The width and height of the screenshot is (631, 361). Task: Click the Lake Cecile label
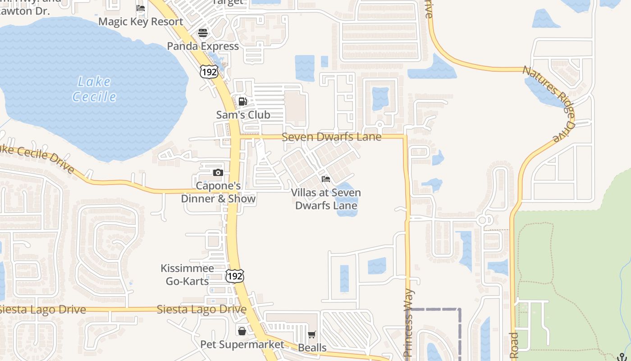(94, 89)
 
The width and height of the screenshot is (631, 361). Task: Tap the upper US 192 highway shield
(210, 71)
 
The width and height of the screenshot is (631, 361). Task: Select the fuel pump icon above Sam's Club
(242, 102)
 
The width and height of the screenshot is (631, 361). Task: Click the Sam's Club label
(243, 115)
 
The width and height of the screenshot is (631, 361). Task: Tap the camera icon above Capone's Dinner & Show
(218, 172)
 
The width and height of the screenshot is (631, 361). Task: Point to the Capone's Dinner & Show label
(219, 192)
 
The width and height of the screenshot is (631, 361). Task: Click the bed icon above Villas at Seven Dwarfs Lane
(326, 179)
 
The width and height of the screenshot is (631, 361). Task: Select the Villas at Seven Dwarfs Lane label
(326, 199)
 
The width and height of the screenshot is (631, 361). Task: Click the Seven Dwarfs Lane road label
(332, 136)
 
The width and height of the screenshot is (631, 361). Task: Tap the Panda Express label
(203, 46)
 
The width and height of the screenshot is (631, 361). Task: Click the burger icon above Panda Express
(203, 32)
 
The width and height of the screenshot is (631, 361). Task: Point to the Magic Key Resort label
(141, 22)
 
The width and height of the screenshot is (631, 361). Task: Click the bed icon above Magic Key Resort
(141, 8)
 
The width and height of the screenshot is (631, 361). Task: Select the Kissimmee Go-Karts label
(187, 275)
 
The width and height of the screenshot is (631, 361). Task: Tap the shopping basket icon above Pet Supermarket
(242, 331)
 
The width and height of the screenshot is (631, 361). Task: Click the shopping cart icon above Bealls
(312, 334)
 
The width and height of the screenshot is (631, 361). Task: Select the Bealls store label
(312, 347)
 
